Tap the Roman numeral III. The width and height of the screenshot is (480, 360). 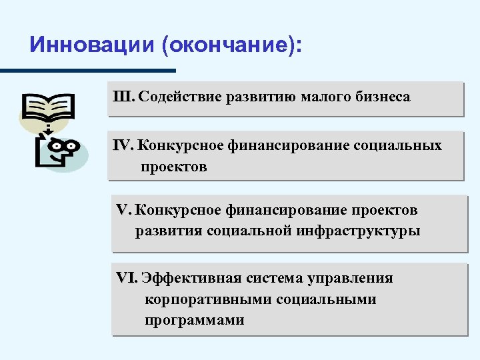(x=125, y=97)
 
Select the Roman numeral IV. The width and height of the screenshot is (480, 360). (x=124, y=145)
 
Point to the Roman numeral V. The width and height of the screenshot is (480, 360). (x=123, y=210)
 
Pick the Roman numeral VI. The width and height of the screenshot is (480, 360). (x=127, y=277)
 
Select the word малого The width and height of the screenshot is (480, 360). (x=324, y=97)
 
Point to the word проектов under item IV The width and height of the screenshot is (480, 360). (x=173, y=167)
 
